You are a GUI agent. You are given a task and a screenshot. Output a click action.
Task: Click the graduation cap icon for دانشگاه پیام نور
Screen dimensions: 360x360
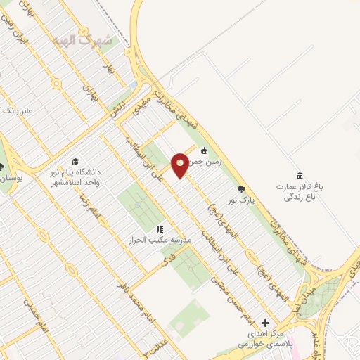pos(75,162)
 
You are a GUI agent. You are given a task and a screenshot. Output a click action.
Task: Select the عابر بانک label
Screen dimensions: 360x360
pos(18,111)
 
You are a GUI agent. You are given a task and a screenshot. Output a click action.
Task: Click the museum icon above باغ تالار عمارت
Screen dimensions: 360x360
pos(300,175)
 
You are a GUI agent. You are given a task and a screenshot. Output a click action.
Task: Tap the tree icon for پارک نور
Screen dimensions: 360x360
pos(242,189)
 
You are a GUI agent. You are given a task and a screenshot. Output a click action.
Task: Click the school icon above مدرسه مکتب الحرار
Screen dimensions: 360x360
pos(160,229)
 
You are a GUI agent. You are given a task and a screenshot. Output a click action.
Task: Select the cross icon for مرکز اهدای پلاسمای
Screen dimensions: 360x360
pos(265,321)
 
